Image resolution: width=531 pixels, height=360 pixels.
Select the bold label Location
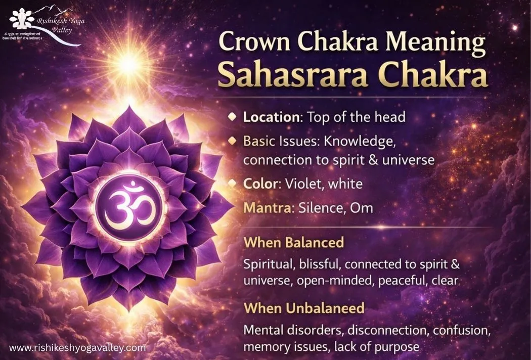point(272,117)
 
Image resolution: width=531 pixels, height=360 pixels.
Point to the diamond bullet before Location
point(232,117)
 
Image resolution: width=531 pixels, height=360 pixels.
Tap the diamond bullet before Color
point(232,184)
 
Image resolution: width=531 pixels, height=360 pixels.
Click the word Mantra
point(260,208)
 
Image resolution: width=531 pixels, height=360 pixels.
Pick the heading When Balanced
point(293,242)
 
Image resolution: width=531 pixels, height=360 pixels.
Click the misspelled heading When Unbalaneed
point(303,307)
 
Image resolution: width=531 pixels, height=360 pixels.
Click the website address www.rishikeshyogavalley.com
point(77,348)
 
